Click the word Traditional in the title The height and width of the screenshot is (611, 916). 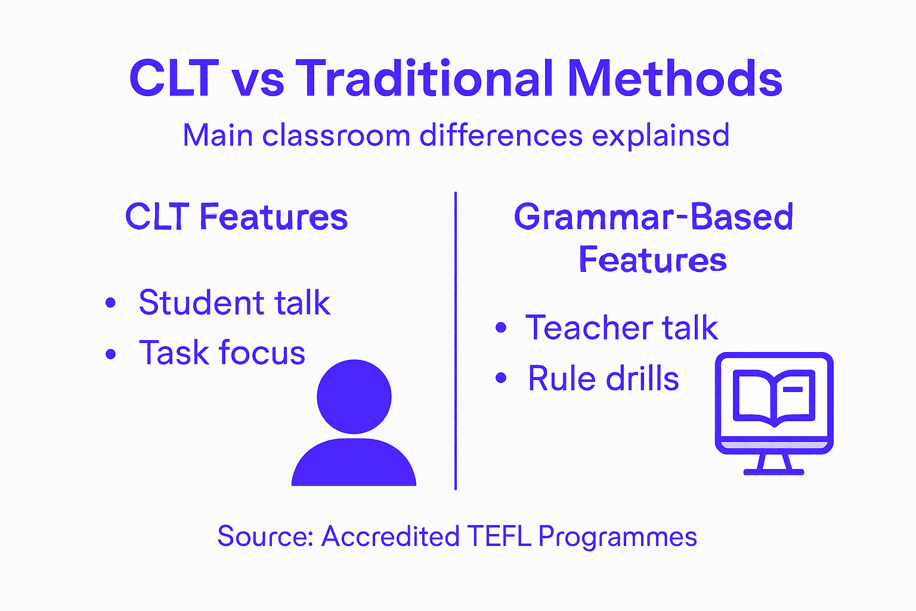coord(425,79)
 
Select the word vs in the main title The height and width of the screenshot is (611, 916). coord(258,81)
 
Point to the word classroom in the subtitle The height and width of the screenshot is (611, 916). coord(336,135)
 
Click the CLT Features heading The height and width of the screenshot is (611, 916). coord(236,217)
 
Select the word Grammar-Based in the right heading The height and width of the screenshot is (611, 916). coord(654,217)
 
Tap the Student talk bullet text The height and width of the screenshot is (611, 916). coord(234,303)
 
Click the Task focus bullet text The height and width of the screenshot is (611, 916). coord(222,353)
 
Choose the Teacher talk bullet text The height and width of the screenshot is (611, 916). coord(621,328)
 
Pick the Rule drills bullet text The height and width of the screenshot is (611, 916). coord(604,378)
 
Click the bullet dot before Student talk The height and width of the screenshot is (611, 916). coord(110,303)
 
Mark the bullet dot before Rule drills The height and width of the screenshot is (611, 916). coord(501,378)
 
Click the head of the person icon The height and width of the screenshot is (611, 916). coord(354,396)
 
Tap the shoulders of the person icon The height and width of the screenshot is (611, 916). coord(354,464)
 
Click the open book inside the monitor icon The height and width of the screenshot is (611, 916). coord(773,397)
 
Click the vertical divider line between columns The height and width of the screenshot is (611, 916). coord(456,340)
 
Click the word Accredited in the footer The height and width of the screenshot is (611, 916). coord(390,536)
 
